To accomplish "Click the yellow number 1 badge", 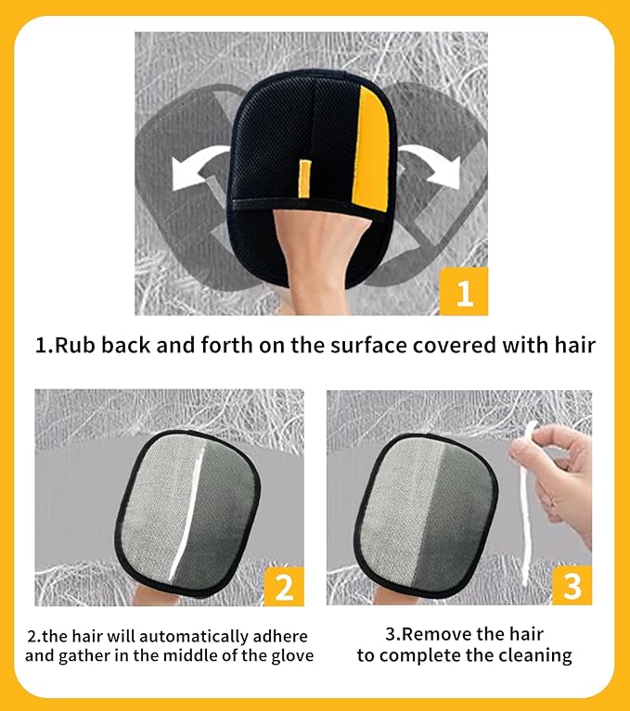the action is (463, 291).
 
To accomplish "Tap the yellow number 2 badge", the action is (284, 586).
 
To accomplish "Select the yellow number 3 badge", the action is (572, 585).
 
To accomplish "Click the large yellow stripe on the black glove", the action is (371, 149).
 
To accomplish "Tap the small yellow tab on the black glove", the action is (304, 179).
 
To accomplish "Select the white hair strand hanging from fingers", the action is (526, 503).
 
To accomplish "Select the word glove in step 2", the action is (293, 655).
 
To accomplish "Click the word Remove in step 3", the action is (434, 634).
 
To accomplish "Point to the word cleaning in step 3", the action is (533, 656).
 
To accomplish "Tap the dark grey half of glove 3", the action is (458, 517).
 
